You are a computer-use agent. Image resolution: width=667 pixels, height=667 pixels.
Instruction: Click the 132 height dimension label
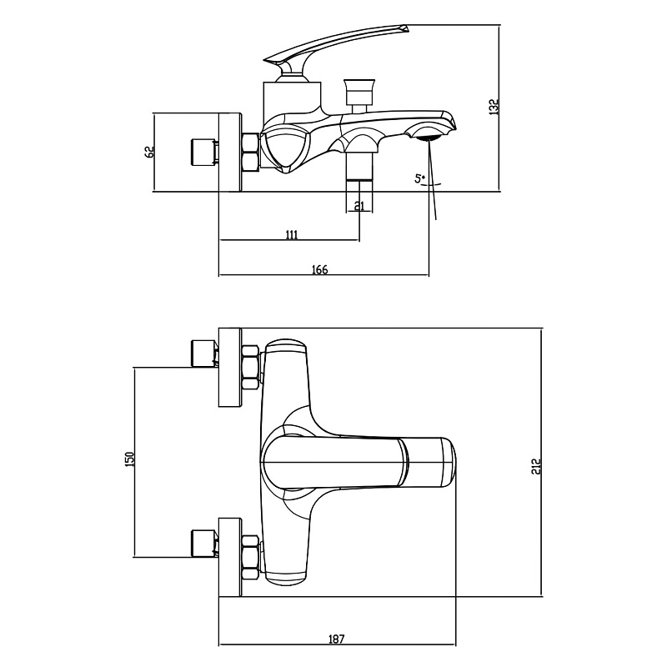(494, 108)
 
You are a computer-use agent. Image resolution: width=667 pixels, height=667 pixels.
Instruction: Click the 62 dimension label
(149, 153)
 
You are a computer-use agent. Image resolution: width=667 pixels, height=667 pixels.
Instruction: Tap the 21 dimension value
(359, 206)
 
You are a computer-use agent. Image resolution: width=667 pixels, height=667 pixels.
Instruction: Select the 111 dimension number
(291, 234)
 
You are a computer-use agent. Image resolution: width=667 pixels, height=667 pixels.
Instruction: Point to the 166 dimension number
(320, 269)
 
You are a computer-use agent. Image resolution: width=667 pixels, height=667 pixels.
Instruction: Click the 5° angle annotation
(420, 178)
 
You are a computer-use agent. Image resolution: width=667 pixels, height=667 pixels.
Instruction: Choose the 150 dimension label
(130, 459)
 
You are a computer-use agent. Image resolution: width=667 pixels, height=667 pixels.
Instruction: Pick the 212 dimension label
(536, 467)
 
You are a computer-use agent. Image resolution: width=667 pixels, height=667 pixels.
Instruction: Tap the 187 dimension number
(336, 639)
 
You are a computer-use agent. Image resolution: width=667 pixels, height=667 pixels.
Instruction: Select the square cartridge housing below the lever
(293, 98)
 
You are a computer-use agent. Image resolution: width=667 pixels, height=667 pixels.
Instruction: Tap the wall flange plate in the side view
(230, 153)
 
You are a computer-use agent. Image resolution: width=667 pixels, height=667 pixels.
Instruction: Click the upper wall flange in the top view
(230, 368)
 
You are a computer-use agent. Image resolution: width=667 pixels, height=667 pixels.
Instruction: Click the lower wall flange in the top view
(230, 557)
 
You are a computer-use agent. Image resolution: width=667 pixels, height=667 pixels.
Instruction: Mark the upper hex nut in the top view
(250, 368)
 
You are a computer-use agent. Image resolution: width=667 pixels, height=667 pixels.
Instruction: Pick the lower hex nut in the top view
(250, 557)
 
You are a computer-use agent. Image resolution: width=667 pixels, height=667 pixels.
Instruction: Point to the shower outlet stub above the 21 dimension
(359, 168)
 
